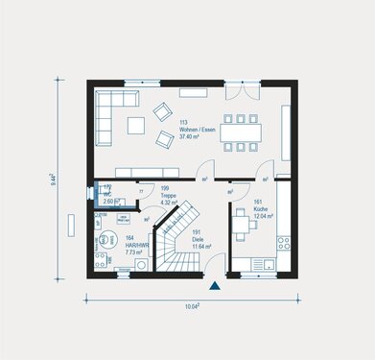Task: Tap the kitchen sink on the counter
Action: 270,264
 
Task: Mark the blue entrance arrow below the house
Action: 215,286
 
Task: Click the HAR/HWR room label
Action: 135,245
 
